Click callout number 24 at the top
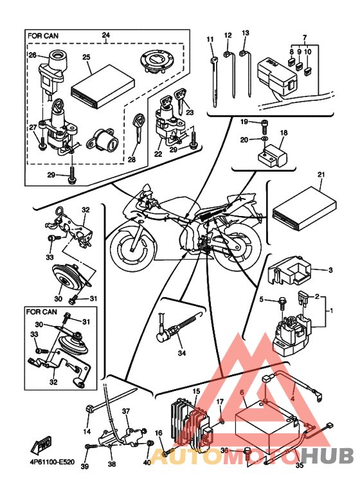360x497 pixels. point(106,35)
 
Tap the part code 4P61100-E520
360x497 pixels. point(50,462)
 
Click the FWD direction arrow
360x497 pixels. point(41,446)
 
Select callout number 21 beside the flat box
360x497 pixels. point(321,174)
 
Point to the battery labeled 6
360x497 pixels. point(268,429)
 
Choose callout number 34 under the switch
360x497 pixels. point(181,353)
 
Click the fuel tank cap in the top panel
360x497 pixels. point(156,62)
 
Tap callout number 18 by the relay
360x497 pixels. point(283,132)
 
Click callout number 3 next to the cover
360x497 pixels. point(330,270)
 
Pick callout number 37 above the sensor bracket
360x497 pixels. point(126,411)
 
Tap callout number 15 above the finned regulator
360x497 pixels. point(196,391)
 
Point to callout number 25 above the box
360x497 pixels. point(86,57)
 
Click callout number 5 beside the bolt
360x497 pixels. point(262,299)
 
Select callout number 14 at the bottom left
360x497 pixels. point(87,431)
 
